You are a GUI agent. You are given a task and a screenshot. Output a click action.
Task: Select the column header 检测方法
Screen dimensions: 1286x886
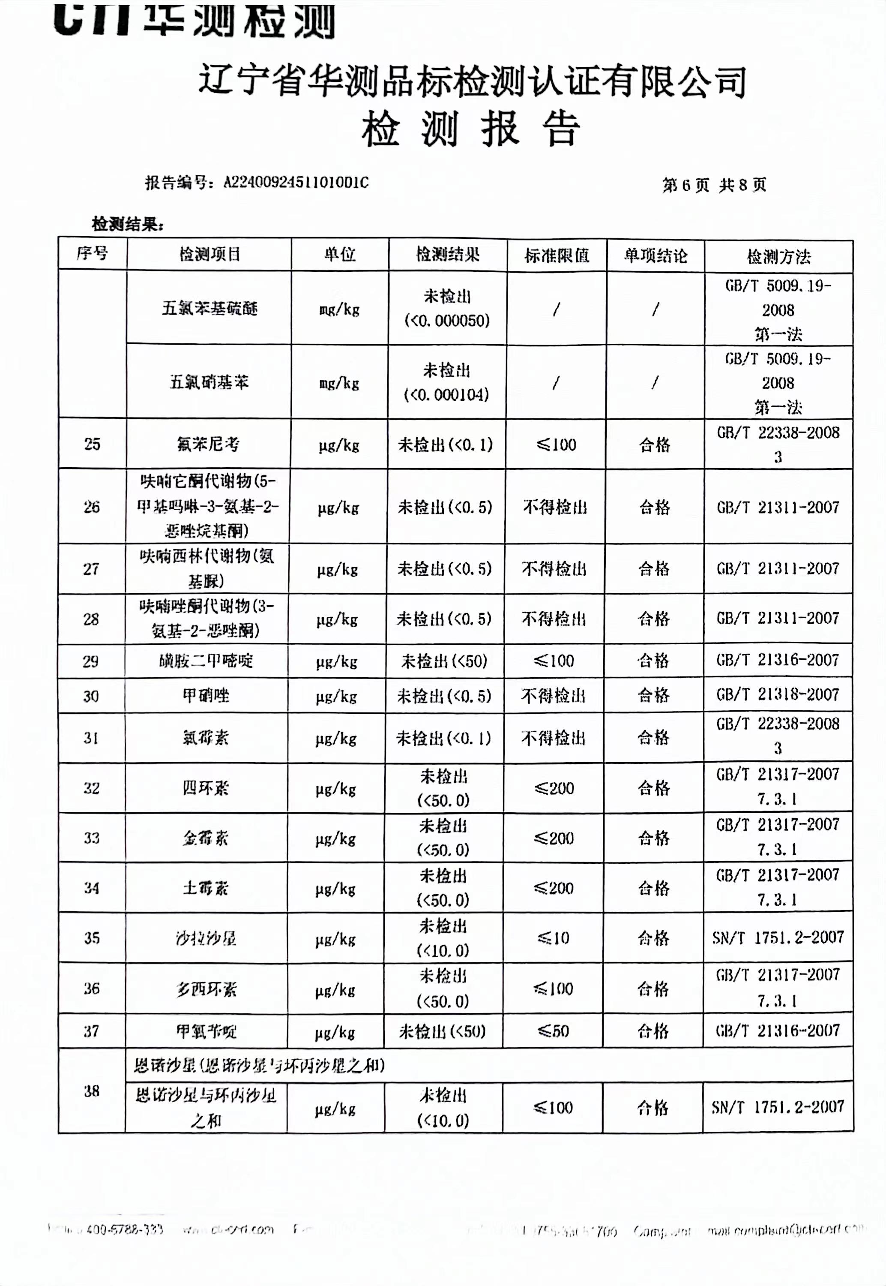[778, 256]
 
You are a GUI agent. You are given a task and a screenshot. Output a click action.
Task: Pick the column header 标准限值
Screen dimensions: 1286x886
[556, 255]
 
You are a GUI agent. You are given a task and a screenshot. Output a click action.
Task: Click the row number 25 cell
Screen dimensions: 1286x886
[92, 444]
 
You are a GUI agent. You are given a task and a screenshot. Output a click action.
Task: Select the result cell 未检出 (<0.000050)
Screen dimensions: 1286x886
[447, 308]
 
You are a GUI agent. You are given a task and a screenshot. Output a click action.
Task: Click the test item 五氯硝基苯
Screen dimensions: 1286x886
[209, 382]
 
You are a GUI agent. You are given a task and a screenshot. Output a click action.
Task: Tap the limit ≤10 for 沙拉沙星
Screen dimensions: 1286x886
[554, 938]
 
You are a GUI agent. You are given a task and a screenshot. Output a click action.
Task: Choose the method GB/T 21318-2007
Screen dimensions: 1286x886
[777, 694]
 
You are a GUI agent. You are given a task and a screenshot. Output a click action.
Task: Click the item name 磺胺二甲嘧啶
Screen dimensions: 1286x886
[206, 661]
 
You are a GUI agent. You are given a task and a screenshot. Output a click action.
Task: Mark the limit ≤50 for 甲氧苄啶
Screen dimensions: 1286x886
[553, 1031]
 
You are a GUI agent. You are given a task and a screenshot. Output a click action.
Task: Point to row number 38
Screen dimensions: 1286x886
[92, 1091]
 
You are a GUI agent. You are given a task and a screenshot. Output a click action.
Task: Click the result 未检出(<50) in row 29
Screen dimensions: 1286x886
[444, 661]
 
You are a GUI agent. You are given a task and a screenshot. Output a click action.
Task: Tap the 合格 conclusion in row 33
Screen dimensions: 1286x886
[653, 838]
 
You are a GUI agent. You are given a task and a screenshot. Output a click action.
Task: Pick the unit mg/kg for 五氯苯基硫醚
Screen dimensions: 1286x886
[339, 309]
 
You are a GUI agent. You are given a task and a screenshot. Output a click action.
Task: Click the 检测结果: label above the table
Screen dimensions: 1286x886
[128, 224]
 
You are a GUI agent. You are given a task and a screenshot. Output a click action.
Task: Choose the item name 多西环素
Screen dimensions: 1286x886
[206, 989]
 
